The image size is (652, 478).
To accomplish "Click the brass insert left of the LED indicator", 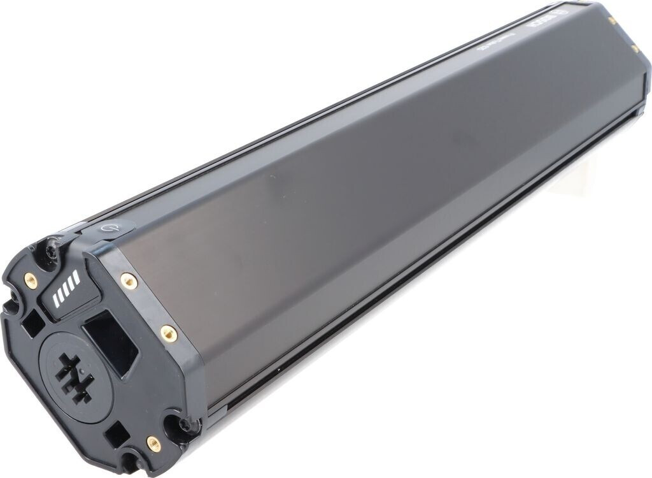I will coord(29,279).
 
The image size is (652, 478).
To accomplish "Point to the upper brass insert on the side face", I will coord(128,279).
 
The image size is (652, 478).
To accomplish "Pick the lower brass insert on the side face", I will coord(168,332).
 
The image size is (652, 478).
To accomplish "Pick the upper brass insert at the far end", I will coord(612,21).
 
